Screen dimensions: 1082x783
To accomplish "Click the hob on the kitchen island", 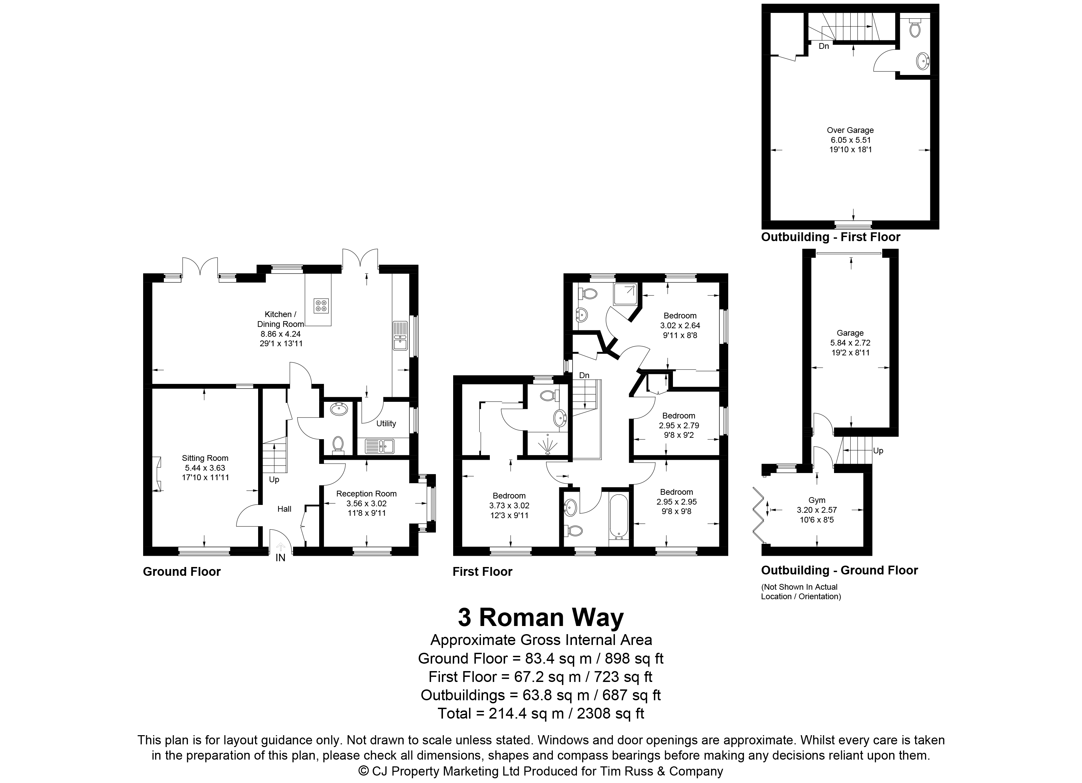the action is (x=321, y=305).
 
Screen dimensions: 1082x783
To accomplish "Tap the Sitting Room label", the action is (x=205, y=458).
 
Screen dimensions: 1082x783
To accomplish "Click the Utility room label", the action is (x=386, y=424).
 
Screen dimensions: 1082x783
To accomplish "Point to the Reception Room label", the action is (x=366, y=494).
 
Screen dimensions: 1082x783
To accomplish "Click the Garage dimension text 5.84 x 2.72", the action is (x=850, y=343).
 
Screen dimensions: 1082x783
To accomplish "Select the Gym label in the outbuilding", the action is (x=817, y=500).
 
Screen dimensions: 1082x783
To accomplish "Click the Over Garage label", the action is (x=850, y=130).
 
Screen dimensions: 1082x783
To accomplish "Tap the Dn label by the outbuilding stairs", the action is (x=824, y=46).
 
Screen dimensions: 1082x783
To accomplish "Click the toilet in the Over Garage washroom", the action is (x=914, y=28).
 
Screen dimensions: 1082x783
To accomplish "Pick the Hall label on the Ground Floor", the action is (x=284, y=509).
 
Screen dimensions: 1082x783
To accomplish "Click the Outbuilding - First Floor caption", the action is (x=831, y=237).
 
